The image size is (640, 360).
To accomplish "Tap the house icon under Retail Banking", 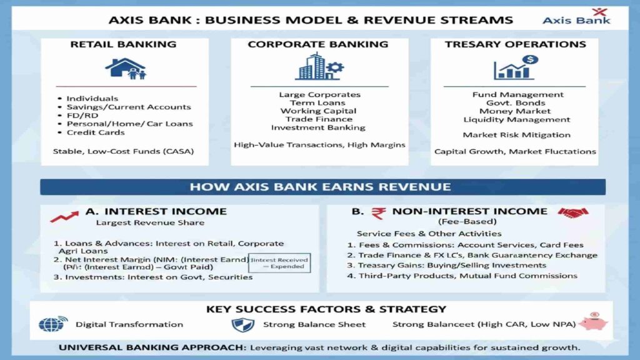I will [126, 68].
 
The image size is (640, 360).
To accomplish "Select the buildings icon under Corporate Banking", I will [319, 67].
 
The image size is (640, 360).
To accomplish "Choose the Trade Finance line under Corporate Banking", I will [319, 119].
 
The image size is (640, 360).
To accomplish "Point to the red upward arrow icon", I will [64, 216].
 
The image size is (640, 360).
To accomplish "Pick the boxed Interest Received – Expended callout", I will [279, 262].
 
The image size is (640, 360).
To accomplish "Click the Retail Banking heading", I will [123, 45].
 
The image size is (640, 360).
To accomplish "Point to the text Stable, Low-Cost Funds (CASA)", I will [123, 151].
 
